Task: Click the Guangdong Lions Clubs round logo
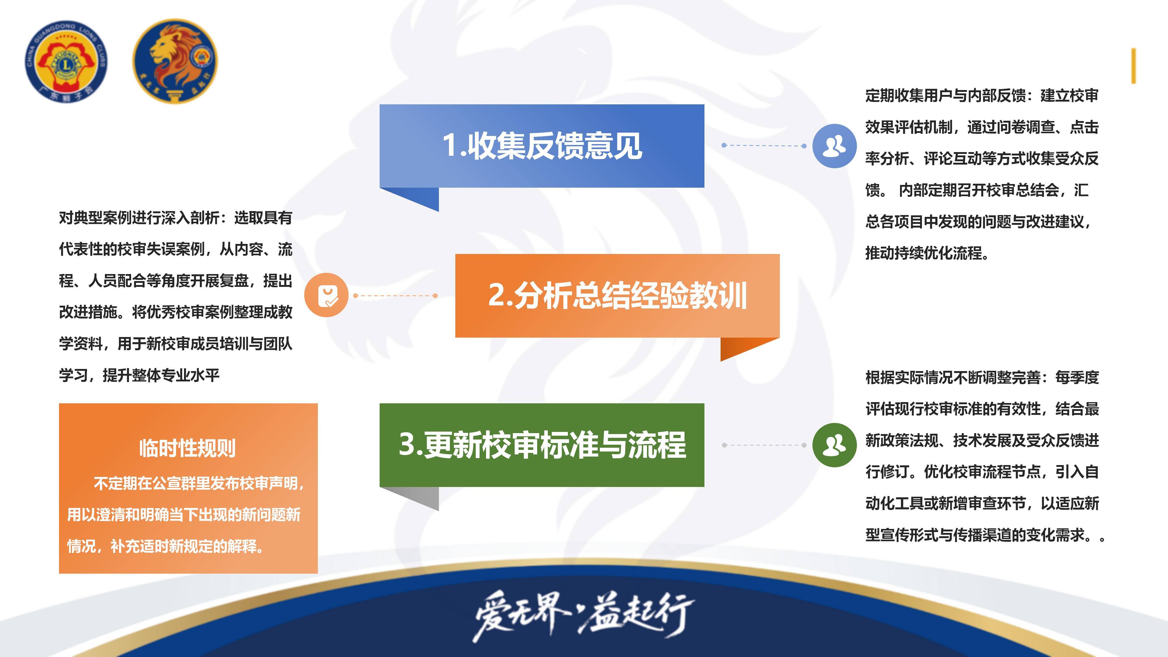click(66, 61)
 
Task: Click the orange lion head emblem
click(175, 61)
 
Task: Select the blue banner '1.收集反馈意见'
click(542, 146)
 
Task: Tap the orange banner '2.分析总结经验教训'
click(617, 296)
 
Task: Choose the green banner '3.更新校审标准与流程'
click(542, 445)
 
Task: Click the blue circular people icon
click(834, 146)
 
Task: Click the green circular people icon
click(834, 445)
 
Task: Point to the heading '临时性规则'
click(188, 448)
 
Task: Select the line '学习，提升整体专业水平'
click(139, 375)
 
